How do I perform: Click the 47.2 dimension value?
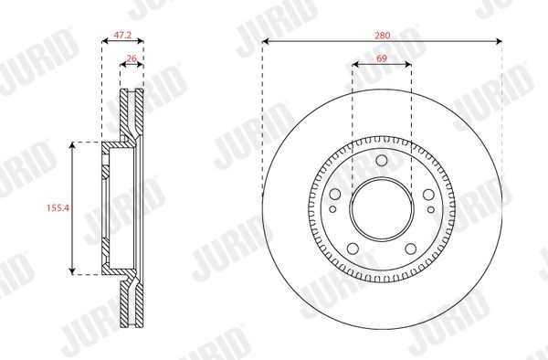[x=122, y=35]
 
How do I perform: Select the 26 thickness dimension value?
[x=132, y=58]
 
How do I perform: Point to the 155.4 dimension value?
[x=58, y=208]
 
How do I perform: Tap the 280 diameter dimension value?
[x=383, y=36]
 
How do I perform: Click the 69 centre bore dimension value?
[x=382, y=58]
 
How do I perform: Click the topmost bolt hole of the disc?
[x=382, y=160]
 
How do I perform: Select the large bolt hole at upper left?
[x=335, y=194]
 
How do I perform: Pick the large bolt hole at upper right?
[x=428, y=194]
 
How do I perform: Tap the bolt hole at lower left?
[x=353, y=249]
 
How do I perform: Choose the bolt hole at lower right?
[x=411, y=249]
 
